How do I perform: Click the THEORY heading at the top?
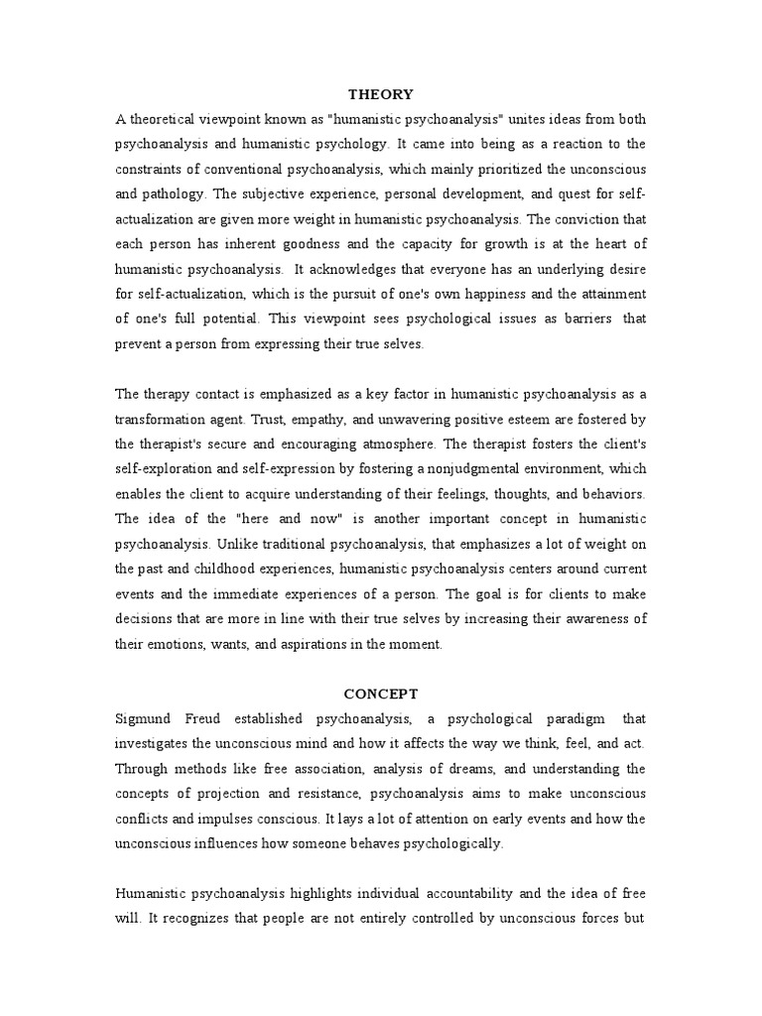(381, 94)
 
